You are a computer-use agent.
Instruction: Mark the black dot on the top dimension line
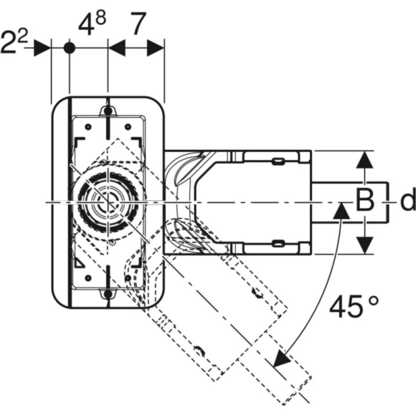pos(69,48)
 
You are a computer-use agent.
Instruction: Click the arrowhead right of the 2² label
pos(42,48)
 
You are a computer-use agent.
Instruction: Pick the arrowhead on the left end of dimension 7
pos(117,48)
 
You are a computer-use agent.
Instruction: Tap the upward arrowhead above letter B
pos(365,160)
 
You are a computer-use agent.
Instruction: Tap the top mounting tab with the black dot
pos(107,111)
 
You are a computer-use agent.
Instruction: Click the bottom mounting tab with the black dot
pos(107,294)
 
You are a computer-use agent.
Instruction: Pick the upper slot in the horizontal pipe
pos(277,161)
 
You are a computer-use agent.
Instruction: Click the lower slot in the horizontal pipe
pos(277,243)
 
